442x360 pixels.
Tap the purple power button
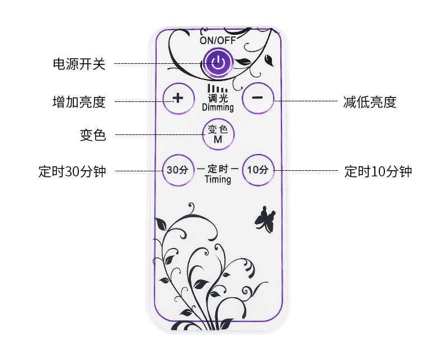click(218, 63)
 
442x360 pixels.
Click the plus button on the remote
click(178, 98)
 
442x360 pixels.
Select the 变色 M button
click(218, 134)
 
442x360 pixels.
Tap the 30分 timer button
click(178, 169)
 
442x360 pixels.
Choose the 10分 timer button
click(257, 169)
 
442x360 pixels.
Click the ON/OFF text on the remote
click(218, 40)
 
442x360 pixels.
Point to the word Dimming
click(218, 107)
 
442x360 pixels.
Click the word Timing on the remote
click(218, 179)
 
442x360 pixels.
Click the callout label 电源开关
click(79, 64)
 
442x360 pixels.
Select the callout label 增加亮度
click(79, 102)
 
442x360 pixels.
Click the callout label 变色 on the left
click(93, 135)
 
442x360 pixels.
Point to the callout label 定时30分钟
click(72, 171)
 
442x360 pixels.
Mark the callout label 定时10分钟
click(378, 171)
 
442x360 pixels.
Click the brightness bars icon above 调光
click(218, 88)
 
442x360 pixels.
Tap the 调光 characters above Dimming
click(218, 97)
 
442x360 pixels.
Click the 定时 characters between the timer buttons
click(218, 168)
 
